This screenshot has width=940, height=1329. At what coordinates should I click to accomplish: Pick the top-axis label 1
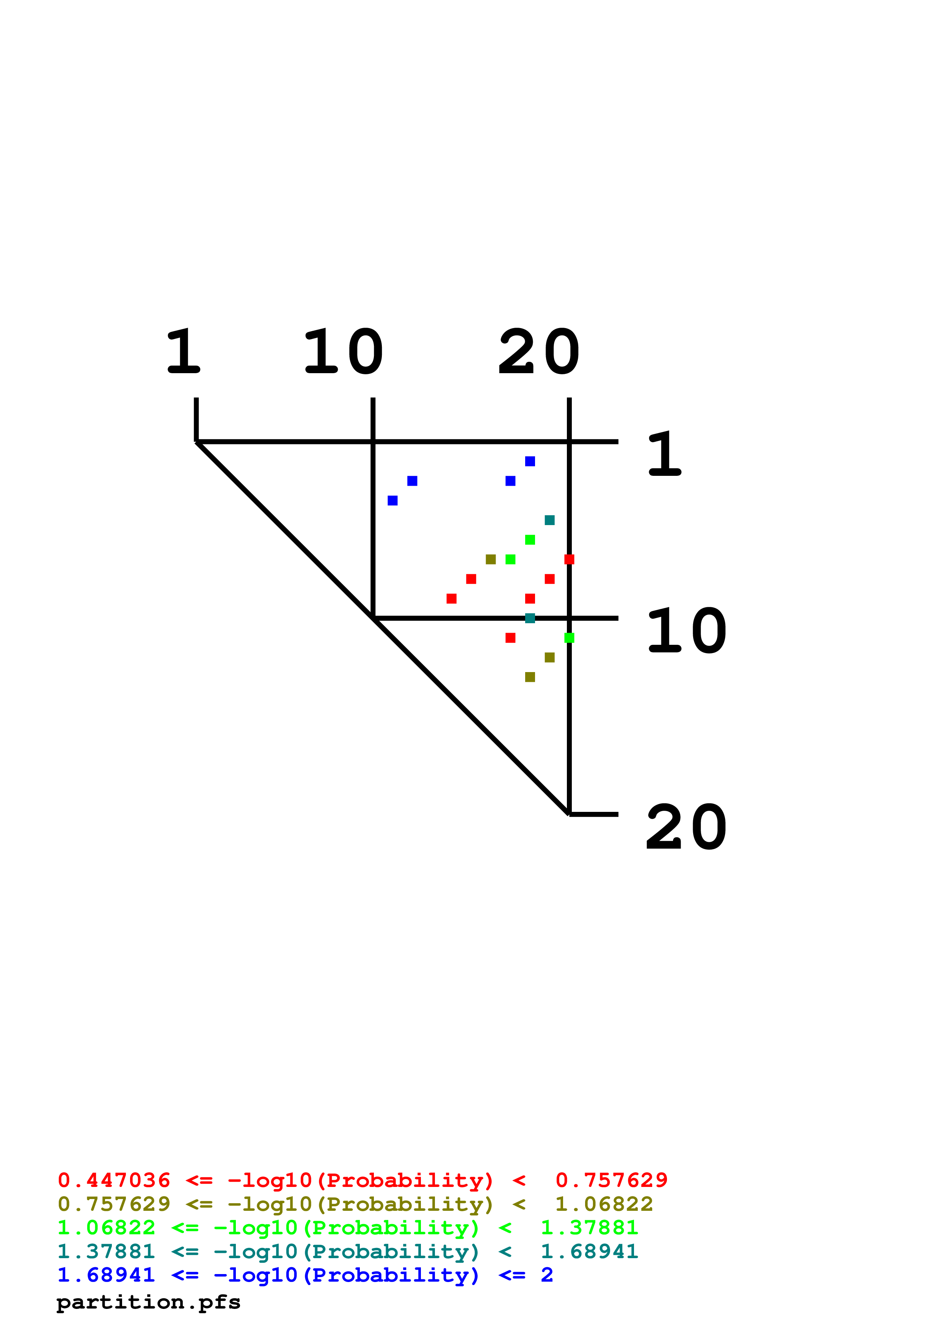183,351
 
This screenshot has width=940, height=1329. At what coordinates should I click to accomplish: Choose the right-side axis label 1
665,454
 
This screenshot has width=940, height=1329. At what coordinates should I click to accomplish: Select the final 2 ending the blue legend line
547,1275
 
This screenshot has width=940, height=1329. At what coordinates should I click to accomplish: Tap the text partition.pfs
148,1302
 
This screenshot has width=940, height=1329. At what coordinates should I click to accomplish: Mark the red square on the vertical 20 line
569,559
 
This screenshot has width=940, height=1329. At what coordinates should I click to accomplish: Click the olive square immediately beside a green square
491,559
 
